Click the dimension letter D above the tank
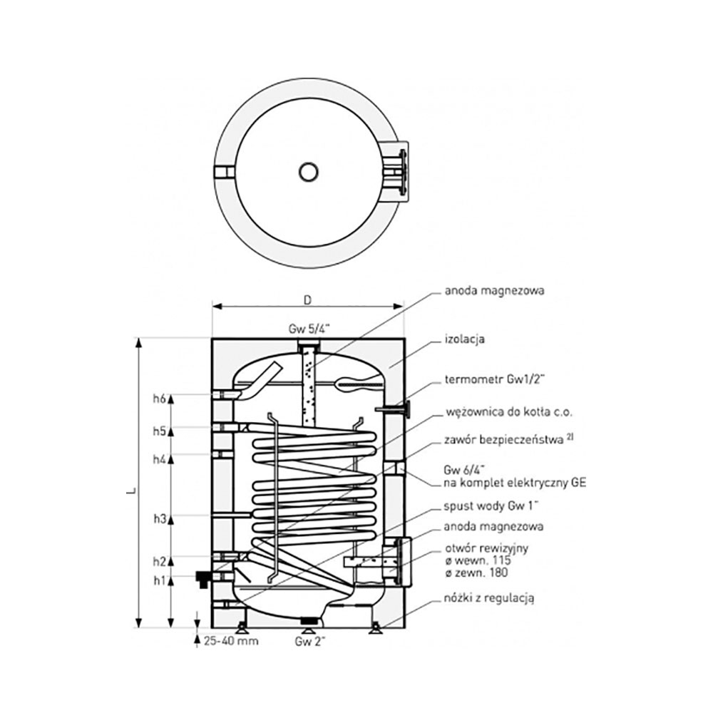[x=307, y=300]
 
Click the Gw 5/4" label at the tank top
[x=307, y=329]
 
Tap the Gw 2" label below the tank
[x=311, y=641]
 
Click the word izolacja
[x=464, y=339]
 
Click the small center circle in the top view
[x=309, y=172]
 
